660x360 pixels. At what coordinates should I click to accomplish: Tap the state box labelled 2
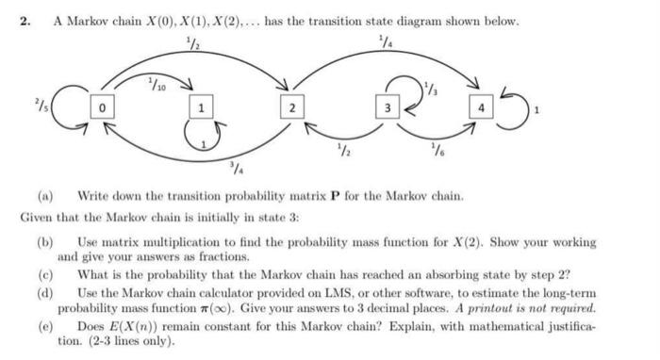pos(292,109)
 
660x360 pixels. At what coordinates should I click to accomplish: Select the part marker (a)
pos(44,197)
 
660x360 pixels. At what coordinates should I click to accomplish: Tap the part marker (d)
pos(44,293)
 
